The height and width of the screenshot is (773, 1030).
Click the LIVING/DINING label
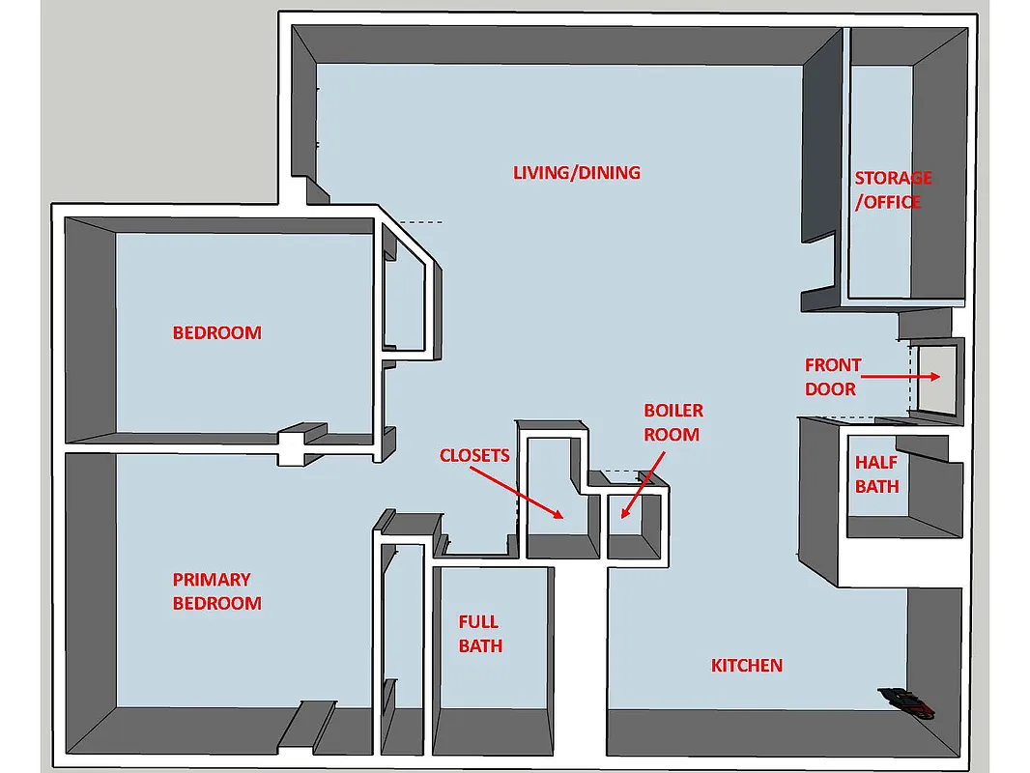[576, 173]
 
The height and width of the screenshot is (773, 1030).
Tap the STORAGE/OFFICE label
[892, 190]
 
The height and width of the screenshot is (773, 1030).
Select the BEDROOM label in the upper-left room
[216, 333]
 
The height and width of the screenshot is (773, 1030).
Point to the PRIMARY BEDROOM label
[216, 591]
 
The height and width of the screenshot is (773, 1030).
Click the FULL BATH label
[480, 634]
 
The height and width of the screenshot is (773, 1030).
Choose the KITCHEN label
[746, 666]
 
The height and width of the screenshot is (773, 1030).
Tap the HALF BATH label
[876, 474]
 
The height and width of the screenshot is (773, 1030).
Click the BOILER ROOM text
[672, 423]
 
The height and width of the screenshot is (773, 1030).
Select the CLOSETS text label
[473, 455]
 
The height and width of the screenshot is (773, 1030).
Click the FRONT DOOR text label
[831, 377]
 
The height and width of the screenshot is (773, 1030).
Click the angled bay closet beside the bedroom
[406, 295]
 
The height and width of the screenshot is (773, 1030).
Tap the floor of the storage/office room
[879, 251]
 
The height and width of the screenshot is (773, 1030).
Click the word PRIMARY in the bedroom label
[212, 580]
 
